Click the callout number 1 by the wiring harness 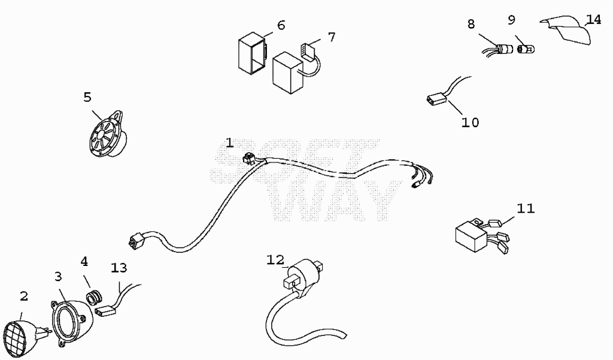(x=229, y=143)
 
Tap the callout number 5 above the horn (x=87, y=97)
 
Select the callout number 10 (x=470, y=122)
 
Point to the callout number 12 (x=275, y=260)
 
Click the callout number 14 (x=593, y=19)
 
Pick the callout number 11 (x=526, y=208)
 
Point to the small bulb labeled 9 (x=526, y=49)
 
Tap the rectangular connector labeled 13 (x=106, y=311)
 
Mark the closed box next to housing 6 (x=288, y=73)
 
